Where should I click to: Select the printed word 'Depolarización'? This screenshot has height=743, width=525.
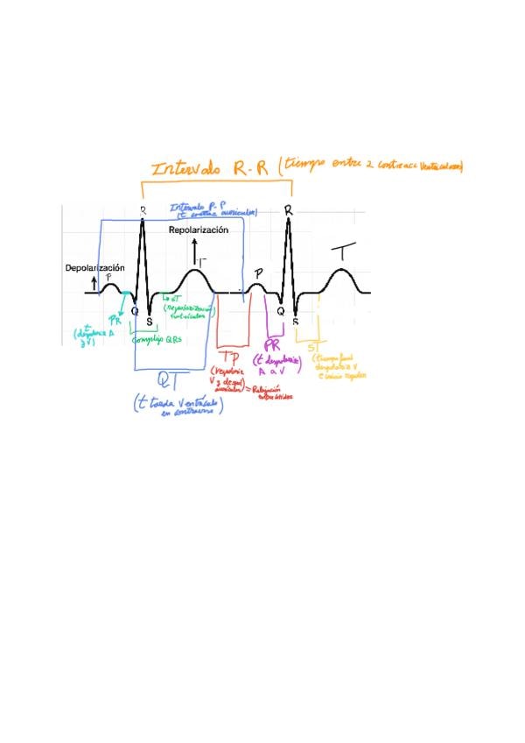pos(95,268)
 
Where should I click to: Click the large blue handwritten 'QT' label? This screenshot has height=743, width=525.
pos(171,379)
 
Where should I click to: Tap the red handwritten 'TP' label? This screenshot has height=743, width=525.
pos(230,358)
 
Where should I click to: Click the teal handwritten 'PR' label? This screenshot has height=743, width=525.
pos(114,322)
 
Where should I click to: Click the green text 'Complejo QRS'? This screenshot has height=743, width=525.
pos(158,339)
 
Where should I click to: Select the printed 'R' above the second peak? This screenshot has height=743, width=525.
pos(288,211)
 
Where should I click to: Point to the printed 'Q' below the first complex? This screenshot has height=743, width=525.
pos(135,309)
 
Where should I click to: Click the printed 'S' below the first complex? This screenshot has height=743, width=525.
pos(150,320)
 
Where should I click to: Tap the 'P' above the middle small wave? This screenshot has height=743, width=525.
pos(258,274)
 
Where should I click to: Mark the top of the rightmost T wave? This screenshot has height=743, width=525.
pos(342,269)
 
